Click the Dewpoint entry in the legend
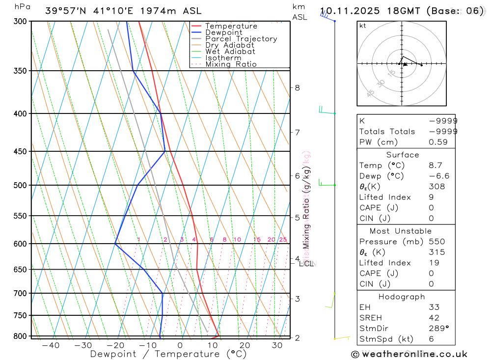click(x=223, y=32)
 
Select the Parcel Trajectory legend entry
click(x=241, y=39)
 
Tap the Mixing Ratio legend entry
click(x=231, y=64)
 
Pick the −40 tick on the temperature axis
click(x=51, y=346)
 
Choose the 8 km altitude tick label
click(x=297, y=88)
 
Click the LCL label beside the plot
click(x=306, y=264)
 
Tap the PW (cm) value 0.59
click(x=438, y=142)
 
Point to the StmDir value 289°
click(x=438, y=329)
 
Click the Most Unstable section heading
click(x=401, y=231)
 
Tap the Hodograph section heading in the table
click(x=402, y=297)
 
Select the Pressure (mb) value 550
click(x=436, y=242)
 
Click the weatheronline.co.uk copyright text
click(x=409, y=354)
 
